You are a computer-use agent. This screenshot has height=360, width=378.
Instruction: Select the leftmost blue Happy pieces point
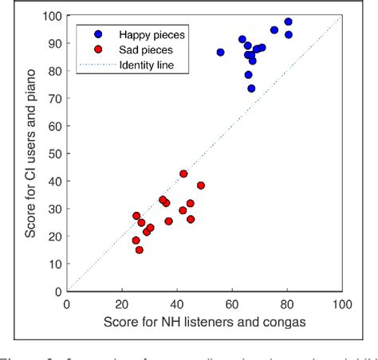(220, 53)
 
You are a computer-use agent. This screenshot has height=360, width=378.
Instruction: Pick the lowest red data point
(139, 249)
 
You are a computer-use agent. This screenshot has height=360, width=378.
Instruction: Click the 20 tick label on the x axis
(122, 304)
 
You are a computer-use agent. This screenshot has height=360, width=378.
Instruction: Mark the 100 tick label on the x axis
(341, 304)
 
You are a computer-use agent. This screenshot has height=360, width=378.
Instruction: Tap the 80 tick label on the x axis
(287, 304)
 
